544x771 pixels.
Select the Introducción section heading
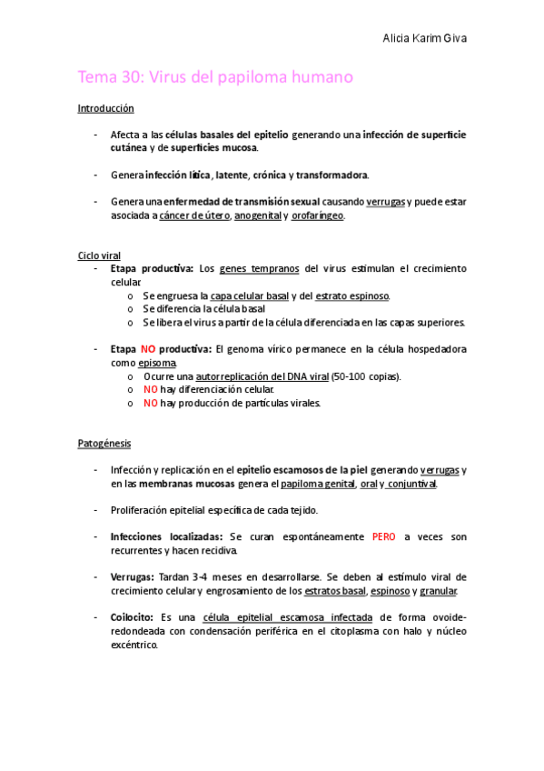(x=105, y=108)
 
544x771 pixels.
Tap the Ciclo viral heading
(x=98, y=255)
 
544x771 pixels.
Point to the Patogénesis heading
(x=104, y=444)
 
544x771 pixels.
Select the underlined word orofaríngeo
(x=318, y=215)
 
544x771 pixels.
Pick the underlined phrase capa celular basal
(x=249, y=295)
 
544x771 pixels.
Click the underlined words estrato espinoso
(x=352, y=295)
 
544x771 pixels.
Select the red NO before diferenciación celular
(x=151, y=389)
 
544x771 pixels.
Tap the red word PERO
(x=383, y=536)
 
